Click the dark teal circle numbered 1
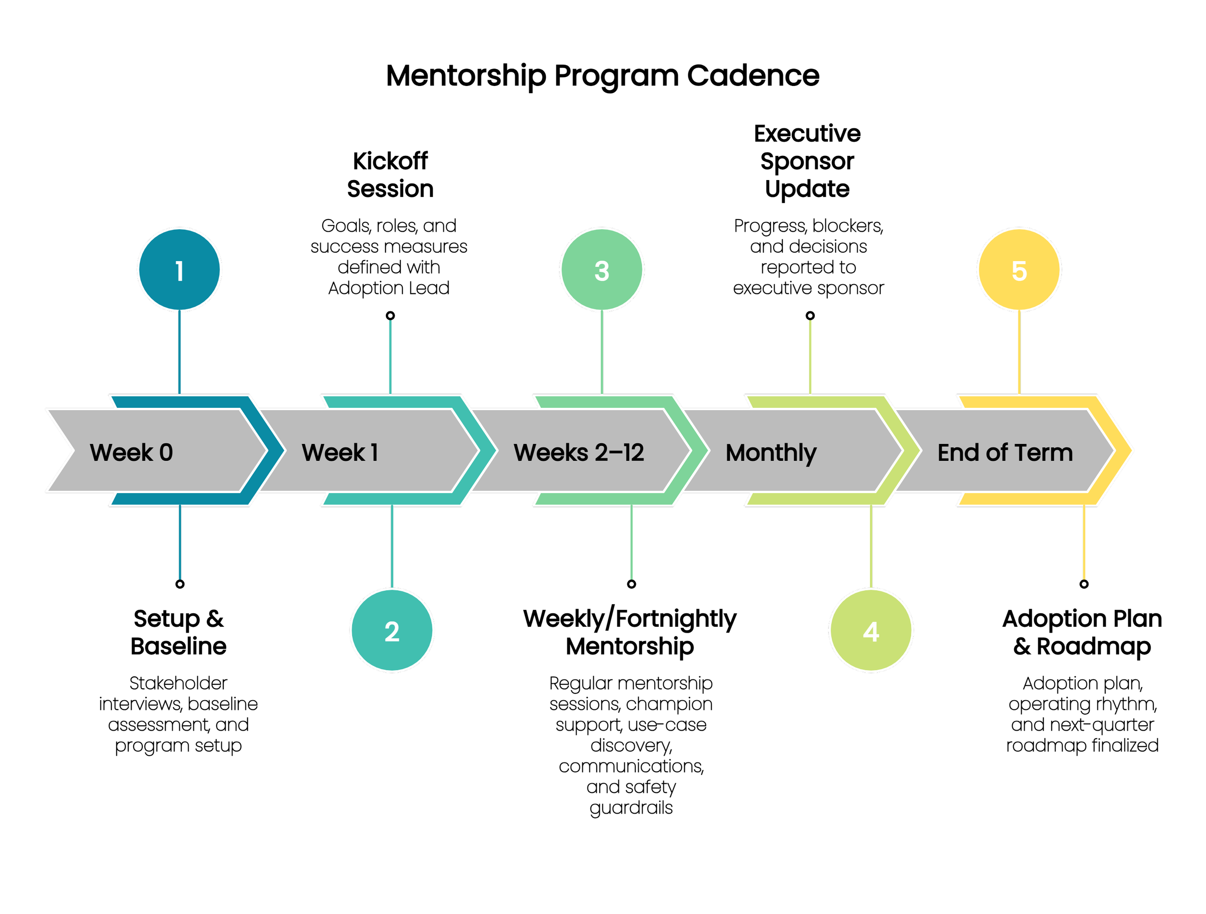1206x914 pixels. [x=179, y=269]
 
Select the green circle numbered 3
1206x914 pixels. [x=602, y=269]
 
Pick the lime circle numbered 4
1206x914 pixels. [x=871, y=630]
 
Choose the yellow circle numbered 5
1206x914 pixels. [x=1018, y=269]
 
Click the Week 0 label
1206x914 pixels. [x=131, y=452]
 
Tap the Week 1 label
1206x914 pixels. [x=340, y=452]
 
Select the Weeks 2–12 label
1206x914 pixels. [x=578, y=452]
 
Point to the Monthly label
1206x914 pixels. [x=771, y=453]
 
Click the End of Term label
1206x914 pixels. [x=1005, y=452]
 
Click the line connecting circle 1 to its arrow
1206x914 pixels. [x=179, y=352]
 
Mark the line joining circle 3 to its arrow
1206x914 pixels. [x=602, y=352]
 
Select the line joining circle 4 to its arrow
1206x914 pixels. [x=871, y=546]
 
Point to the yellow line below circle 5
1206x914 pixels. [x=1018, y=352]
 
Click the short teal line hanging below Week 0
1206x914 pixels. [x=179, y=542]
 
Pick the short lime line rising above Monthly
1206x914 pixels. [x=809, y=357]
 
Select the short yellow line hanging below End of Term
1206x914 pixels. [x=1083, y=542]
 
